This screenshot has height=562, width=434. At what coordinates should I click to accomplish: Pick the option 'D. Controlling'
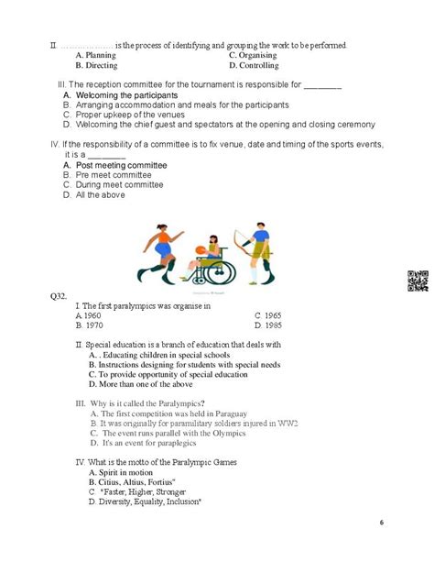point(260,66)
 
